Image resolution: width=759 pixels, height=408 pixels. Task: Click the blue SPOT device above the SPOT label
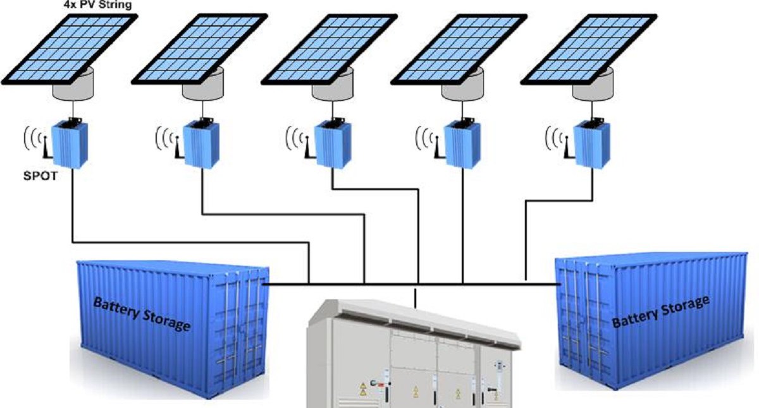tap(70, 144)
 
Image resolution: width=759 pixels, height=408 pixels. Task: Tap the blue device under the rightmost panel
tap(592, 144)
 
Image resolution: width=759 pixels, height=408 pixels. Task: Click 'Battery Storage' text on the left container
tap(142, 315)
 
